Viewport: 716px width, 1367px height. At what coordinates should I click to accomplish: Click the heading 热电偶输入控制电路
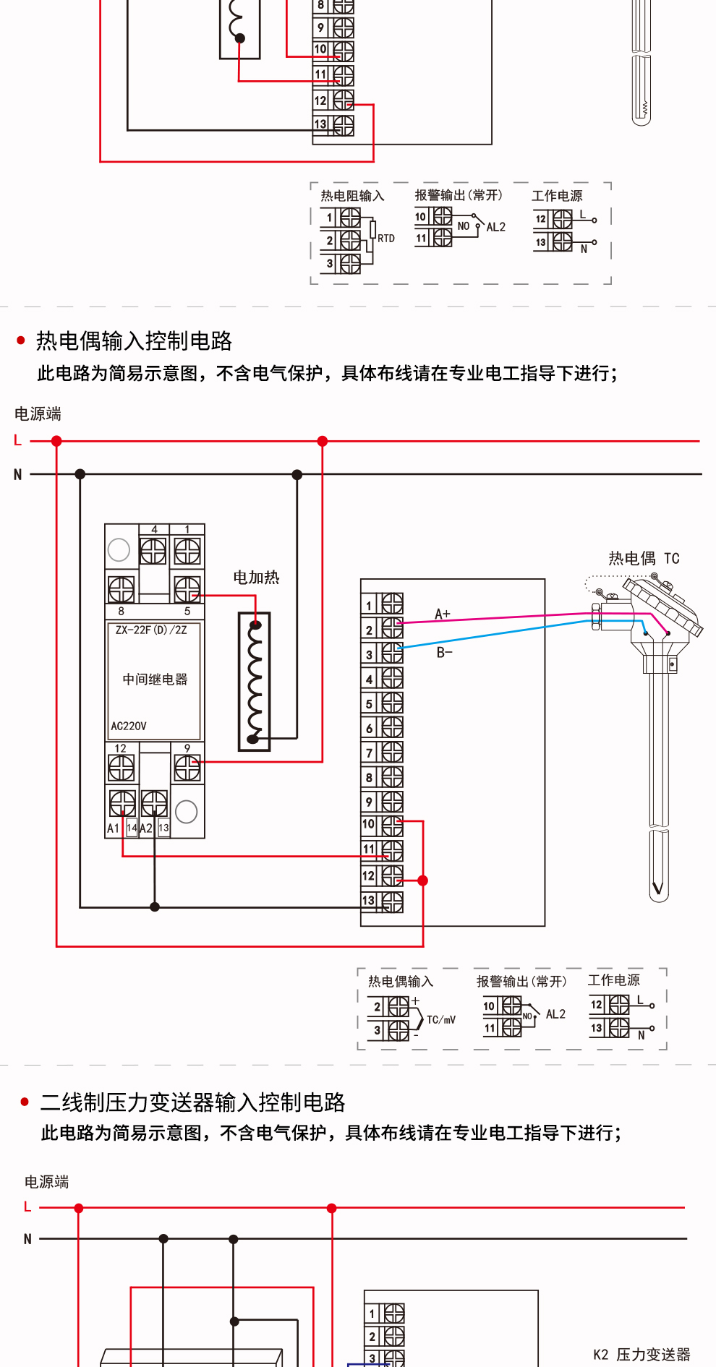pos(134,340)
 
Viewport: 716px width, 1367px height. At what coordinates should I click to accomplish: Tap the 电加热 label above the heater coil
pos(256,577)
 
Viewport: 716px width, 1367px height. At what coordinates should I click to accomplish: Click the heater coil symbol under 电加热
pos(255,682)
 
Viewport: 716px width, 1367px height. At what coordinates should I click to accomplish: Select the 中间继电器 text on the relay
pos(155,679)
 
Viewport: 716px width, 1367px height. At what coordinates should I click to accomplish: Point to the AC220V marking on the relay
pos(129,726)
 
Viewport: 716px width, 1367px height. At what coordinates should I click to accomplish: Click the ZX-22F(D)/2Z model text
pos(151,630)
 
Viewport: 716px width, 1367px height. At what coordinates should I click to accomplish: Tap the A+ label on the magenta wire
pos(442,614)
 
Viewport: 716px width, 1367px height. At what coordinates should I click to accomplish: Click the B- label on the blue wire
pos(444,652)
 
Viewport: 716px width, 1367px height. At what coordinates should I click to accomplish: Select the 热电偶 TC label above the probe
pos(643,558)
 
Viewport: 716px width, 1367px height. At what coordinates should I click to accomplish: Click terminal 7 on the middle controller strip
pos(392,753)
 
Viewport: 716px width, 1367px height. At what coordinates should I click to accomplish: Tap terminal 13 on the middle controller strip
pos(392,901)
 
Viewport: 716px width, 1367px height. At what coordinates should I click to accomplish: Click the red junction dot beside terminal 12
pos(423,880)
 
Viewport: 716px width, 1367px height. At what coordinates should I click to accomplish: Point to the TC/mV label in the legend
pos(441,1020)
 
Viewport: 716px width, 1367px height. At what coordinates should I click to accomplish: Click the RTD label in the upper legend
pos(386,239)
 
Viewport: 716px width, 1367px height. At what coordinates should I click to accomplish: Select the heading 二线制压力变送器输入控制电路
pos(192,1102)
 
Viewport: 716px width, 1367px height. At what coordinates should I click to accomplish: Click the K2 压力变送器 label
pos(642,1354)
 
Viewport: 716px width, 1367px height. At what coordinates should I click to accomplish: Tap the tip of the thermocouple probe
pos(658,891)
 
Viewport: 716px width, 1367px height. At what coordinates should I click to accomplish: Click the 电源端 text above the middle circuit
pos(38,413)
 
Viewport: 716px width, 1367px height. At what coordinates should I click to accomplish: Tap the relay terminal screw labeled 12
pos(121,768)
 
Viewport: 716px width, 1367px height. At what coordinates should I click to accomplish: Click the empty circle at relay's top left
pos(119,550)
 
